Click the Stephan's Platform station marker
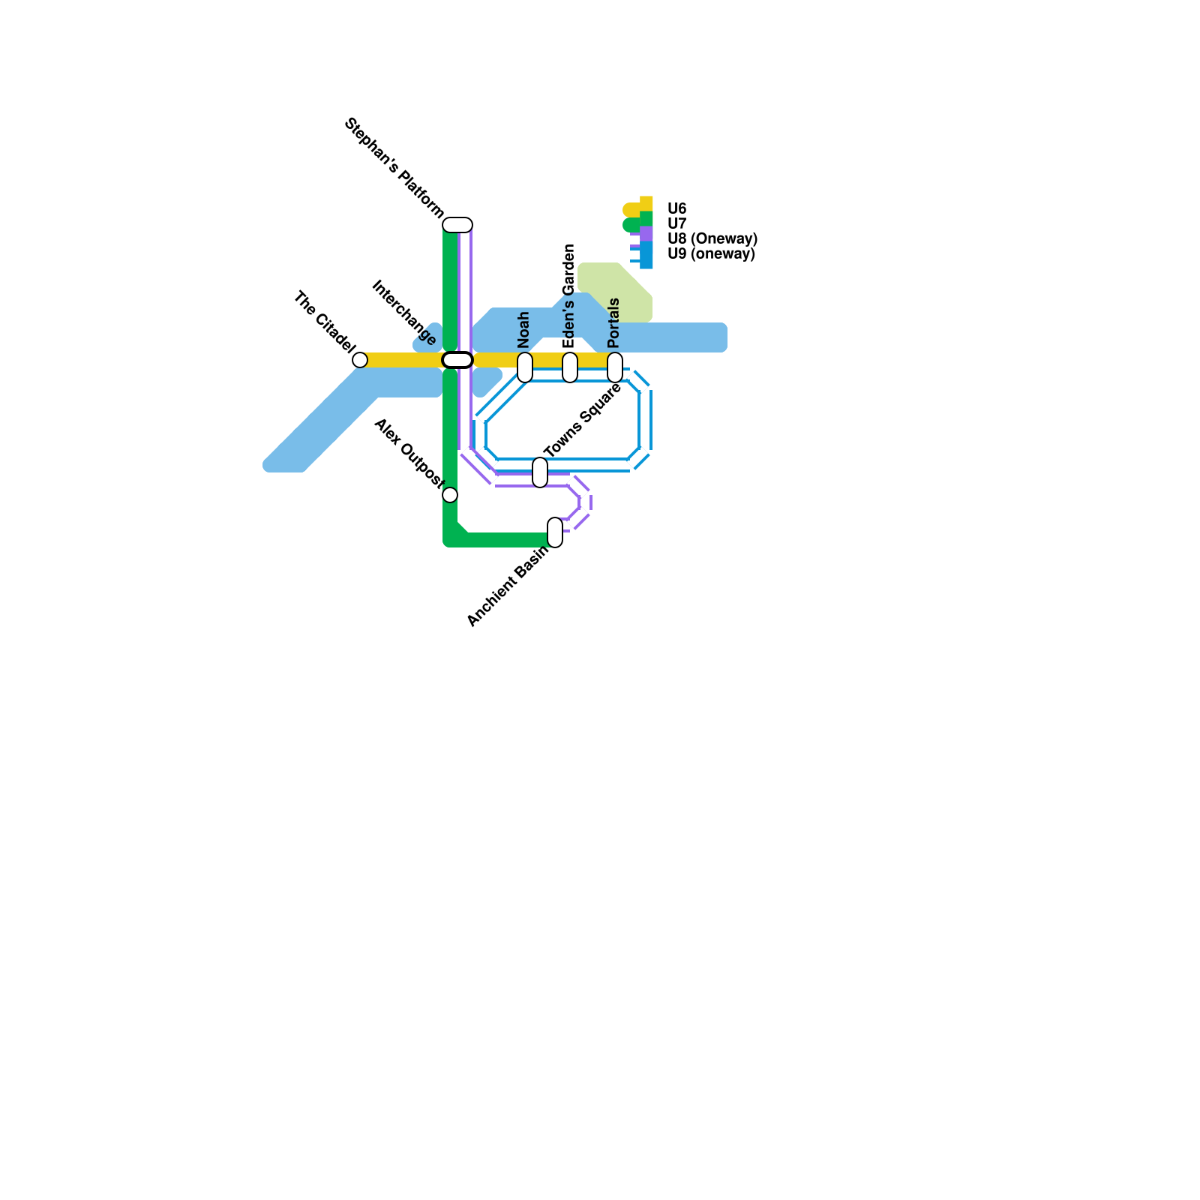(457, 225)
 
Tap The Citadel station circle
(360, 360)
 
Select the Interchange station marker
(457, 360)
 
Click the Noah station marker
(525, 367)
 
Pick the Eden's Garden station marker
(570, 367)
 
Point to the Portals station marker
(615, 367)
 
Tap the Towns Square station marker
(540, 472)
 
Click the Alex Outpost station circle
(450, 495)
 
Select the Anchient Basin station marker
(555, 532)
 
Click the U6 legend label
(676, 208)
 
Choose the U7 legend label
(676, 223)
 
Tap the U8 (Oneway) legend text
(712, 238)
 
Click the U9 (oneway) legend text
(710, 253)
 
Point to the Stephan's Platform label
(394, 168)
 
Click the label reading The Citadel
(323, 321)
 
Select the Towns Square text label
(583, 420)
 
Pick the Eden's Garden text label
(569, 295)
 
